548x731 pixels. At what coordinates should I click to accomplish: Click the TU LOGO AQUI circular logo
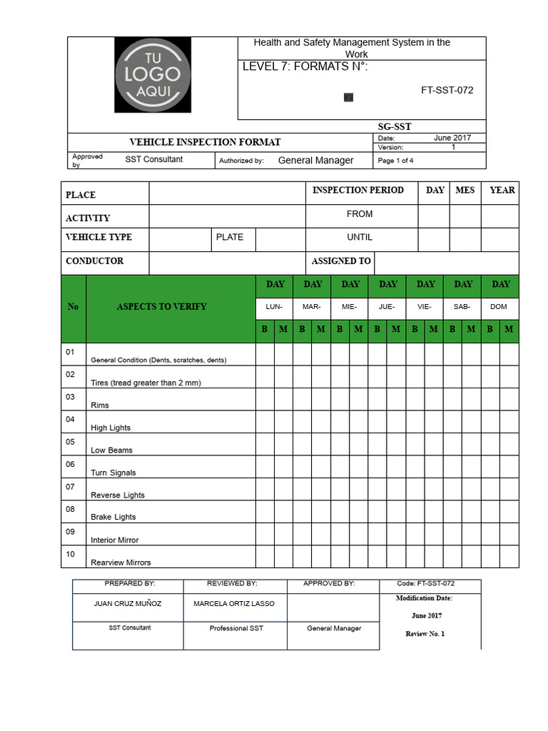(x=153, y=75)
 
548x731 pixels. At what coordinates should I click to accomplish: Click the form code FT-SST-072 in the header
(x=447, y=90)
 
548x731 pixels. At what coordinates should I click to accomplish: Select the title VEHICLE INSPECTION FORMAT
(x=205, y=142)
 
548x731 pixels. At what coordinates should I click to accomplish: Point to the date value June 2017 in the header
(x=452, y=138)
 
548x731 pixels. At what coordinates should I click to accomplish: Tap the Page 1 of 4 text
(x=395, y=161)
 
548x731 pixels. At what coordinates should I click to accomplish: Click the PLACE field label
(x=81, y=195)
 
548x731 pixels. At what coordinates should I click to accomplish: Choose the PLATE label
(x=229, y=237)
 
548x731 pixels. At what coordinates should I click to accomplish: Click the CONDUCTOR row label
(x=94, y=261)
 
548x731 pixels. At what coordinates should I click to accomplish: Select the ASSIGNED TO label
(x=341, y=261)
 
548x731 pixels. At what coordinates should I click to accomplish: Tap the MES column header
(x=465, y=190)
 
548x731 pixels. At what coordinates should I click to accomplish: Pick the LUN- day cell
(x=274, y=306)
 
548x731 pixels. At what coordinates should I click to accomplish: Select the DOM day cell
(x=499, y=306)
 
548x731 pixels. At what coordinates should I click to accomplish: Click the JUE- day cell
(x=387, y=306)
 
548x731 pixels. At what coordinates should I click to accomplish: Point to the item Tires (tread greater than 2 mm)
(x=146, y=383)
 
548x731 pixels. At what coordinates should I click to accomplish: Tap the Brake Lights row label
(x=113, y=517)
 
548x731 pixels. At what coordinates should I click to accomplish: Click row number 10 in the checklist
(x=70, y=554)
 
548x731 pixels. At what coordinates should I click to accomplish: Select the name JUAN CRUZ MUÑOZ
(x=128, y=603)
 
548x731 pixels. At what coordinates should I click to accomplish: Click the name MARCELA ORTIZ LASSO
(x=234, y=603)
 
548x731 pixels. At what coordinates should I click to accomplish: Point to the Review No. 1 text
(x=425, y=634)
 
